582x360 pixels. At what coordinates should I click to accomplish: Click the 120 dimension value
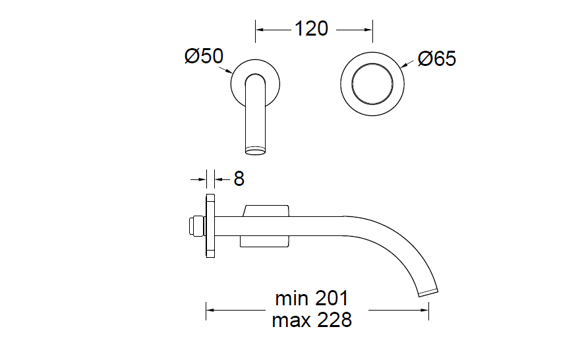(311, 28)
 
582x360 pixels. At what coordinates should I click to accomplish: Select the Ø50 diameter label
(204, 56)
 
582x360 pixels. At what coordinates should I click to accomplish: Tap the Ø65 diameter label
(436, 59)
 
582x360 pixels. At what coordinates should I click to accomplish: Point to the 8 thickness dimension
(239, 179)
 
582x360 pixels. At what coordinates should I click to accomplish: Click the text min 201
(312, 298)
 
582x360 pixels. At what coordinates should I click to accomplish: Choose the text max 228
(312, 320)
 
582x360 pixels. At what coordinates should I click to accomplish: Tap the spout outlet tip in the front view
(256, 150)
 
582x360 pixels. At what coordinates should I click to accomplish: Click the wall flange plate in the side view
(210, 225)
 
